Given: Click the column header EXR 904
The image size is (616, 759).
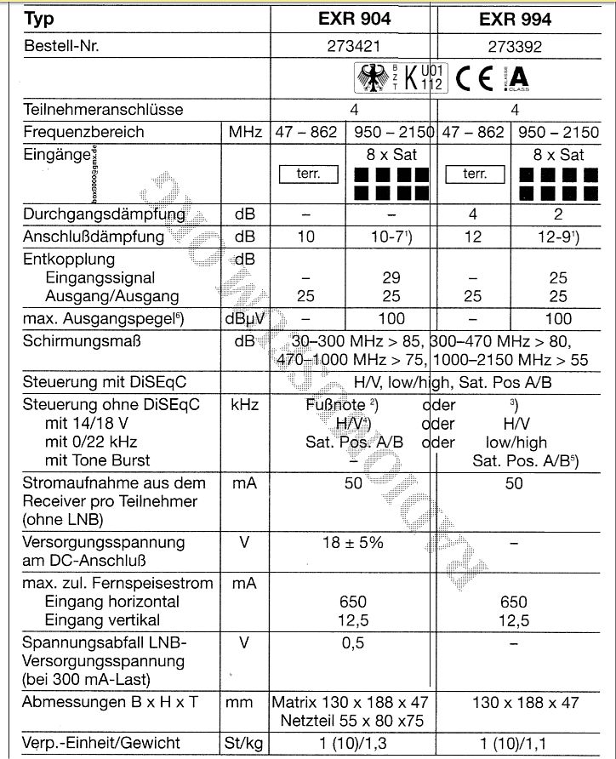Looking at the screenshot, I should pos(352,19).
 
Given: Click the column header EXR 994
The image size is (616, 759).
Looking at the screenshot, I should pos(515,19).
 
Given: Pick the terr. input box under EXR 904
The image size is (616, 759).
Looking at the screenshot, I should pos(307,174).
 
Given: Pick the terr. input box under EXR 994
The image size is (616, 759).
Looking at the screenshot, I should pos(474,174).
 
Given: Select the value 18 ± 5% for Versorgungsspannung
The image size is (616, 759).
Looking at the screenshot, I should pos(352,542).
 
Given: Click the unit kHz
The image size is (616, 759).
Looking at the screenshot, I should pos(244,405).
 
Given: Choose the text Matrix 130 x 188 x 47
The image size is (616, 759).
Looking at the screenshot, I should pos(351,702).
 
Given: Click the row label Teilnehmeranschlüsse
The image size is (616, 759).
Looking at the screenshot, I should pos(103,110).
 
